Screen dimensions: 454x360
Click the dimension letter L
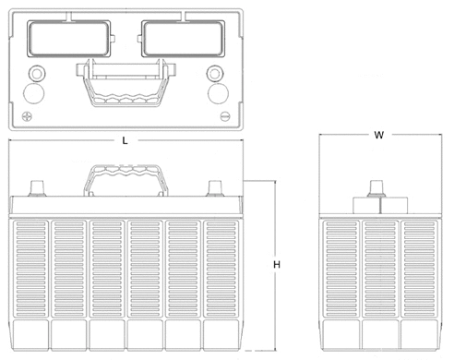(125, 141)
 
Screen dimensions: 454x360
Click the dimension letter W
(379, 135)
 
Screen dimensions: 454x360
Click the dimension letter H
(277, 265)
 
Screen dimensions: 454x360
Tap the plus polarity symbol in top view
(27, 116)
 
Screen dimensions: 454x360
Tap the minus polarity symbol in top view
(225, 116)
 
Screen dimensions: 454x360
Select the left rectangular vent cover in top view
(69, 39)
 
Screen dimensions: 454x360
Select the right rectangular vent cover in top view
(183, 39)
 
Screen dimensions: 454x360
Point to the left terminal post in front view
(37, 188)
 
